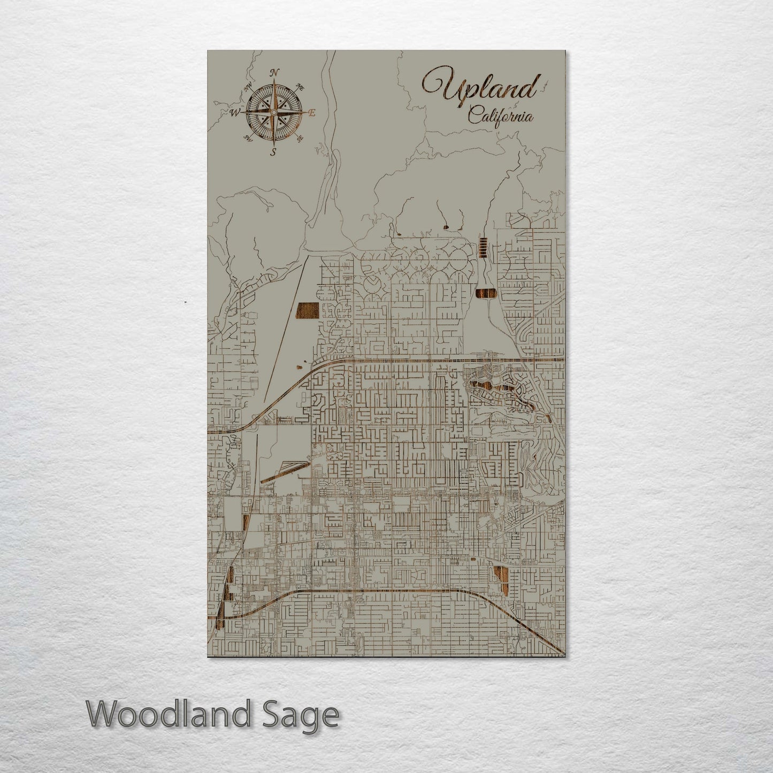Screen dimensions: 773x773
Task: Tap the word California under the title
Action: click(x=500, y=116)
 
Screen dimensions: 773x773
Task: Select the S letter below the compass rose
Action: click(x=273, y=152)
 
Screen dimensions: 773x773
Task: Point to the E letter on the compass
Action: click(x=312, y=112)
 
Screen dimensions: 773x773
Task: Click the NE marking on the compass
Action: click(x=300, y=87)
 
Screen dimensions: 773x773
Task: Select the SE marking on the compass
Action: click(x=300, y=138)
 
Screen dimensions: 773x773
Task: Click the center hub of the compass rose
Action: click(x=273, y=112)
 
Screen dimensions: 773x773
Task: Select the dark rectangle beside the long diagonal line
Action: click(x=307, y=310)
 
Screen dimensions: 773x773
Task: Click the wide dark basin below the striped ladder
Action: click(x=485, y=294)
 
